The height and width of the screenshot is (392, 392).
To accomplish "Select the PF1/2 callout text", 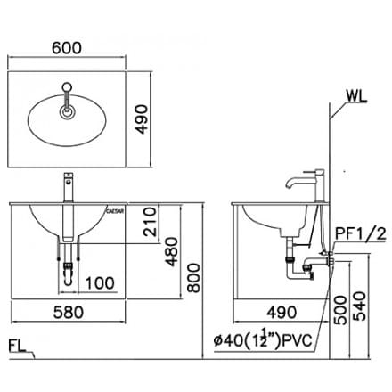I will pos(360,234).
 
